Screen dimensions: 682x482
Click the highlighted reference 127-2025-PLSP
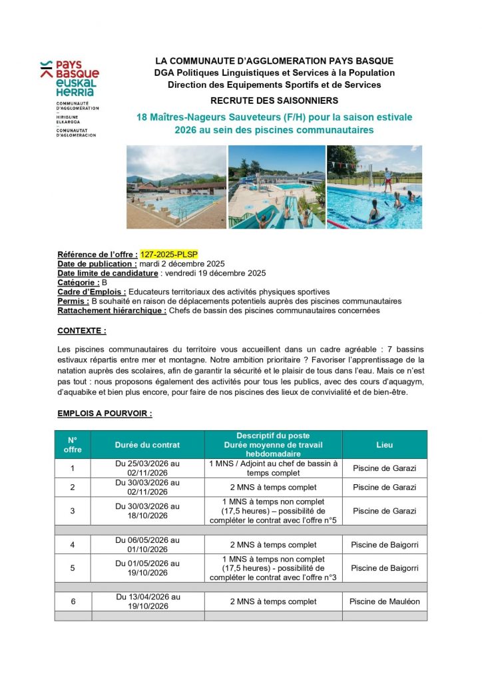tap(169, 254)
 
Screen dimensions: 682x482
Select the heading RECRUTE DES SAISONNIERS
tap(274, 101)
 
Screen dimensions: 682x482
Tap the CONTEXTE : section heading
tap(82, 330)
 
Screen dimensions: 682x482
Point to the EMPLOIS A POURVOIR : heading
tap(105, 414)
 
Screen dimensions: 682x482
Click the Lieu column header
tap(384, 445)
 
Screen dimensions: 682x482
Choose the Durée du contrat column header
tap(147, 445)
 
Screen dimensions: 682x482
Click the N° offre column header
tap(73, 445)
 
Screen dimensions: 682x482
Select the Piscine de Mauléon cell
tap(384, 601)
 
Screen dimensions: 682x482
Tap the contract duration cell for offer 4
tap(147, 545)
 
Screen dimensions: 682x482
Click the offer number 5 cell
tap(73, 568)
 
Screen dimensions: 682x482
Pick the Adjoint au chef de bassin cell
tap(273, 468)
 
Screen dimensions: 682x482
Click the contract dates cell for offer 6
tap(147, 601)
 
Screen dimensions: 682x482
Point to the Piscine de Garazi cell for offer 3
tap(384, 511)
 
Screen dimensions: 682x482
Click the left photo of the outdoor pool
tap(176, 187)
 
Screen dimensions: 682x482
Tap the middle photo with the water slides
tap(276, 187)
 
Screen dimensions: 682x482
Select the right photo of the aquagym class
tap(374, 187)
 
